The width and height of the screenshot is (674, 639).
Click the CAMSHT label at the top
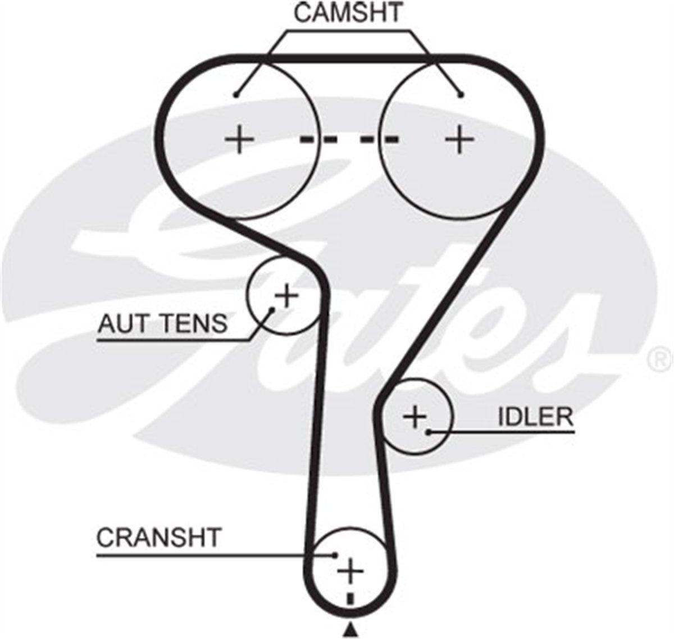[348, 13]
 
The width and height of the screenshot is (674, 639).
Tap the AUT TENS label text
[162, 323]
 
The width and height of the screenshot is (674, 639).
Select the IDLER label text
[535, 417]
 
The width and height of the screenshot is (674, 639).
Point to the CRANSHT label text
[158, 537]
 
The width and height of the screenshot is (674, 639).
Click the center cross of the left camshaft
[239, 139]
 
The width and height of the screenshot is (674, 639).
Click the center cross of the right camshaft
[459, 139]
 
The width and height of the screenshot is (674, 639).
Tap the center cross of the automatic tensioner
[286, 295]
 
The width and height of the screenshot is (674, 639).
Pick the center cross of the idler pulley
[415, 417]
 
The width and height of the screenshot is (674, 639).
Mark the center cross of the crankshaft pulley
[350, 571]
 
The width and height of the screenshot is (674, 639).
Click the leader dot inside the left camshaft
[236, 94]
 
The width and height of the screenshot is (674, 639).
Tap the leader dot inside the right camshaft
[462, 94]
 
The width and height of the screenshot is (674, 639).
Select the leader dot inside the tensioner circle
[272, 309]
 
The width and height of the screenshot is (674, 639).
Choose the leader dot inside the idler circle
[429, 432]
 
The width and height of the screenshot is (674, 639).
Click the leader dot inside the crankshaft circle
[336, 555]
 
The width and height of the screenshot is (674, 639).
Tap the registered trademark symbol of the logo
[660, 359]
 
